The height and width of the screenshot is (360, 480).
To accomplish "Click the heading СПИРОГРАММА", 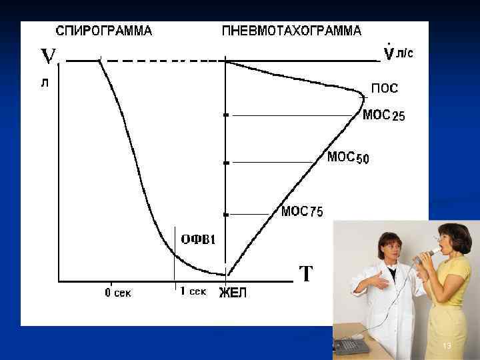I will (103, 31).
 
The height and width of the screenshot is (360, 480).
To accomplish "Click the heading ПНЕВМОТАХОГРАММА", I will (291, 31).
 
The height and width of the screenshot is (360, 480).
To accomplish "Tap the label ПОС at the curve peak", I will (385, 88).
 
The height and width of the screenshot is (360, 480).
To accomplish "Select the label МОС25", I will (383, 115).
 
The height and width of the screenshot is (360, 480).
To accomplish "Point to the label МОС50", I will (348, 158).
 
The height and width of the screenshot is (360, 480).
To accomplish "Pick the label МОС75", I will (302, 211).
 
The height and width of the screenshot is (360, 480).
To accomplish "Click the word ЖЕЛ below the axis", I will (233, 293).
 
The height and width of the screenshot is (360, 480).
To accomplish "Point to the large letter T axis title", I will (305, 273).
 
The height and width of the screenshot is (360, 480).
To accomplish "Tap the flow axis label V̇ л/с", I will (399, 53).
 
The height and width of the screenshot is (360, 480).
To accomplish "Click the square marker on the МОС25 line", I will (226, 115).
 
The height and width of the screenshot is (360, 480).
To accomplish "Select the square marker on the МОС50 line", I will (226, 163).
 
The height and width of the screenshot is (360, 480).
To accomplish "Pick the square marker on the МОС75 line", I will (226, 215).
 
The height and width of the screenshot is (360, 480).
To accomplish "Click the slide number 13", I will (447, 345).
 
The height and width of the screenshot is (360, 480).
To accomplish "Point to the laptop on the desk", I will (352, 345).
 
